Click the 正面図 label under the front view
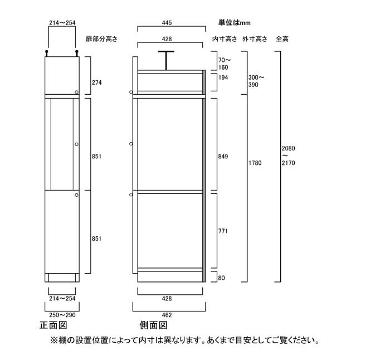click(53, 325)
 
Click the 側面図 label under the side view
click(153, 325)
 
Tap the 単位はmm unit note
click(235, 23)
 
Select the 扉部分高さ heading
click(101, 39)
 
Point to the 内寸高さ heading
click(225, 39)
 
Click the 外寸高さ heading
click(255, 39)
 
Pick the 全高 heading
click(282, 39)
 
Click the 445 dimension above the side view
click(167, 23)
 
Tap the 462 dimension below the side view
click(167, 315)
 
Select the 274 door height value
click(97, 82)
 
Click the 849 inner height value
click(223, 157)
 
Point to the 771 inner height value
click(223, 231)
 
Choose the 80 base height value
click(221, 278)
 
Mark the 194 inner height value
click(223, 77)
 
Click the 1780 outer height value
click(255, 163)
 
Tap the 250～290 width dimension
click(62, 315)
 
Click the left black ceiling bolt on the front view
click(46, 53)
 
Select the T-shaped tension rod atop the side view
click(166, 60)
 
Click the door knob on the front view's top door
click(77, 92)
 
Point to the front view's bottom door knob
click(77, 195)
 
